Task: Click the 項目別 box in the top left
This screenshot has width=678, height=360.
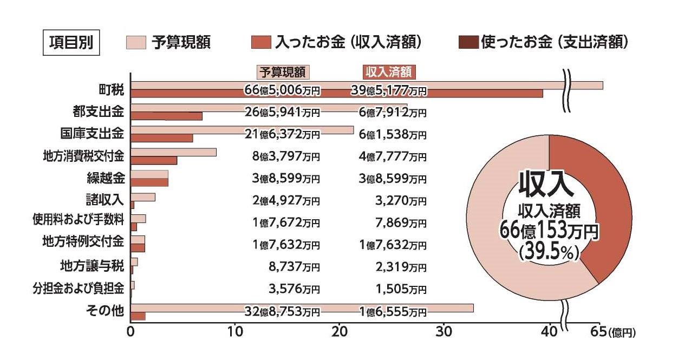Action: coord(71,42)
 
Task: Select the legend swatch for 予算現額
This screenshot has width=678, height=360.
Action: coord(136,42)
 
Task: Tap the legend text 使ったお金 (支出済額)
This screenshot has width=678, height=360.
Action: coord(554,42)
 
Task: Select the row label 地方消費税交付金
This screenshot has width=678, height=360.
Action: coord(83,156)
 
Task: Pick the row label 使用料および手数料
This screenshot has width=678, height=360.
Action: coord(79,219)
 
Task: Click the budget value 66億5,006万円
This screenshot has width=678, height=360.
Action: coord(282,90)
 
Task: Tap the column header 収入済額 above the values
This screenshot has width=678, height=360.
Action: coord(388,73)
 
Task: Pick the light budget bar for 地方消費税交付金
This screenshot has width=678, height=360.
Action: coord(173,152)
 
